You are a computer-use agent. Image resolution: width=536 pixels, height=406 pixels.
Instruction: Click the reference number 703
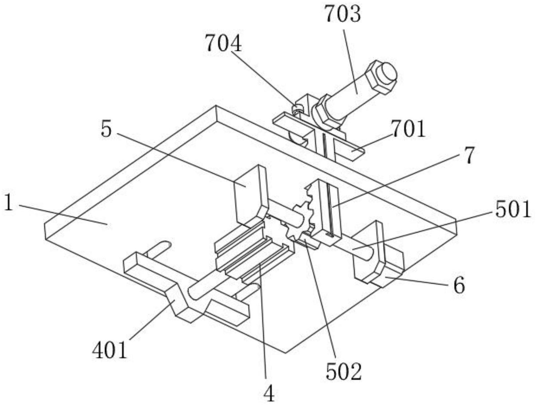click(343, 15)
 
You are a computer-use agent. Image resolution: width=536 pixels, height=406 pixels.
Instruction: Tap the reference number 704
click(224, 43)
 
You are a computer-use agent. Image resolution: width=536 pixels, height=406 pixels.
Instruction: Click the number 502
click(343, 372)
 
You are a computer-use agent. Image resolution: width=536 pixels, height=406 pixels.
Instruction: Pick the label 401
click(109, 351)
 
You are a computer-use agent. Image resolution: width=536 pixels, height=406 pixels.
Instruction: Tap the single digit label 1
click(9, 204)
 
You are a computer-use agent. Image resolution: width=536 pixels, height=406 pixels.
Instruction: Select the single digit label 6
click(459, 286)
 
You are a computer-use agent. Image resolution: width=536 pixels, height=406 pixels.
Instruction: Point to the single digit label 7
click(468, 155)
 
